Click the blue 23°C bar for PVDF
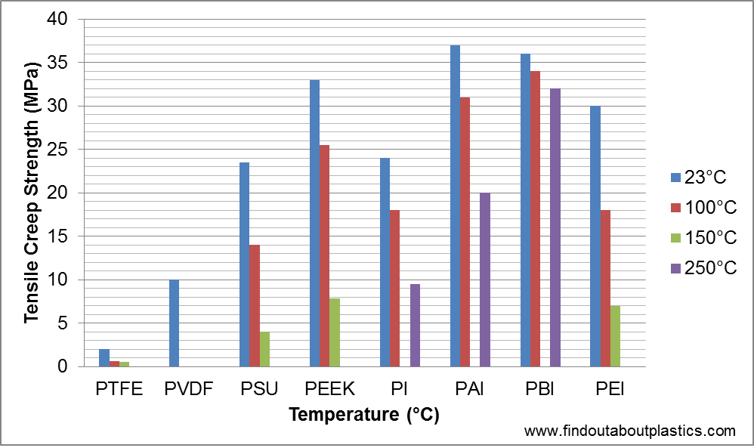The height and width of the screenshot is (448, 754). [x=174, y=323]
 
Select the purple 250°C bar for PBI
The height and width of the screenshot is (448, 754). [x=555, y=227]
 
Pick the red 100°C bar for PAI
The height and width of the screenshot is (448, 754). [x=465, y=232]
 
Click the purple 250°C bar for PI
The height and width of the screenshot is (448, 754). [x=415, y=326]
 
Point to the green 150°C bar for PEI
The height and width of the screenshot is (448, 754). [x=616, y=336]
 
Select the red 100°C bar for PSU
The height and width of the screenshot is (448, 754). [x=254, y=306]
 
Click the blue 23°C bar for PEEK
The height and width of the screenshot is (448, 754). [x=314, y=223]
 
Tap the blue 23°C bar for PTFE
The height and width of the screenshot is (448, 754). [x=104, y=358]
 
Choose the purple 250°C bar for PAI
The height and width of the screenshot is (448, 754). [x=485, y=280]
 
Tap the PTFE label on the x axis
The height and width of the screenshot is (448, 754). [x=119, y=390]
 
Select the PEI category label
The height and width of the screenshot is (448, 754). [x=610, y=390]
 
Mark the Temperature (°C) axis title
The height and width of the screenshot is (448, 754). [x=364, y=415]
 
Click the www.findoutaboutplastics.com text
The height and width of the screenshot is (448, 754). [x=629, y=431]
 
